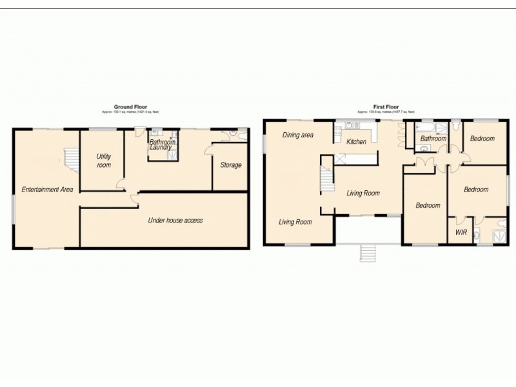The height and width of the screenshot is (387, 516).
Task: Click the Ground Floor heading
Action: point(131,106)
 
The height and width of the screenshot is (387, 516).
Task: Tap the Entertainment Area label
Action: point(47,190)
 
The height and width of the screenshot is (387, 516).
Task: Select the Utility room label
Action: point(103,161)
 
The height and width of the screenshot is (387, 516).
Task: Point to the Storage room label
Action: point(230,165)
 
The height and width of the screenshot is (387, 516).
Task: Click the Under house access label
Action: point(175,221)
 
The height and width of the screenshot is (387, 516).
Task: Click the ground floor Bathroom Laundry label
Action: point(161,144)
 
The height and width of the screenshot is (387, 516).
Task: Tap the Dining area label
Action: point(298,135)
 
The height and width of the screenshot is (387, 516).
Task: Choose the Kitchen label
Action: point(357,142)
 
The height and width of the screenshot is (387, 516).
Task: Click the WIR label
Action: point(461,231)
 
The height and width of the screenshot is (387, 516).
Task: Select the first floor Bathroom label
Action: point(433,139)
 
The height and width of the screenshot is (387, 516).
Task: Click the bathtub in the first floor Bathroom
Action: point(427,127)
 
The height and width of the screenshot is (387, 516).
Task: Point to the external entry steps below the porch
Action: point(367,253)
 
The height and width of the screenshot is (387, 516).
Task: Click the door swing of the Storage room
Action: point(210,150)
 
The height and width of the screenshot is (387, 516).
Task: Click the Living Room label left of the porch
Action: point(295,222)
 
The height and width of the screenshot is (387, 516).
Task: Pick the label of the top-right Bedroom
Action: point(482,139)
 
